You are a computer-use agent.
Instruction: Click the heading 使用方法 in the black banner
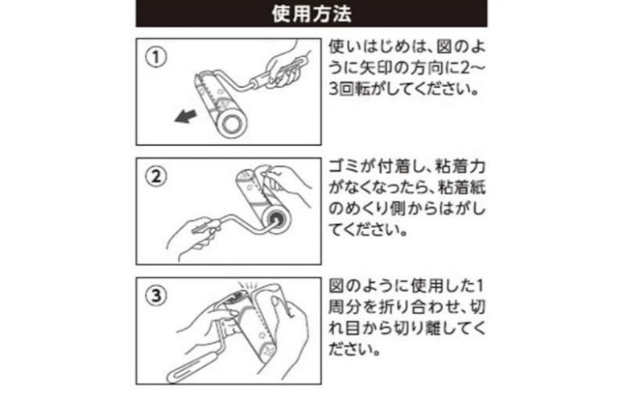tap(312, 14)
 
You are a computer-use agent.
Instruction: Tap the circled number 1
tap(156, 57)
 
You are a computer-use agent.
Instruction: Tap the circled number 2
tap(156, 177)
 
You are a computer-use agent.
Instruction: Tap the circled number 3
tap(156, 295)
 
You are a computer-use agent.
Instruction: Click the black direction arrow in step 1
tap(185, 116)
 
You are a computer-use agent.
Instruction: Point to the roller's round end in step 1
tap(232, 123)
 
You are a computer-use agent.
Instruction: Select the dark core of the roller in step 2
tap(275, 219)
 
